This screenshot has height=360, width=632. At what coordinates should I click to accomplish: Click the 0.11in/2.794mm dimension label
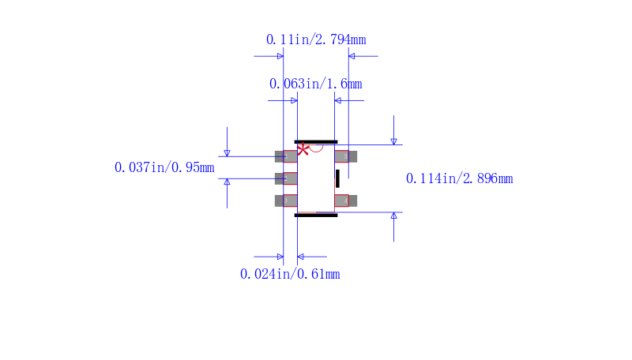click(316, 39)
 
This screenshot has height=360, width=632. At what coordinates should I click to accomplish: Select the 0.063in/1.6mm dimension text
click(315, 84)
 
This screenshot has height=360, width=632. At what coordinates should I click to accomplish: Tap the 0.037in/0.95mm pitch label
click(164, 167)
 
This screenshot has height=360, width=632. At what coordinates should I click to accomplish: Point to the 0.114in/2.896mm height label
click(460, 178)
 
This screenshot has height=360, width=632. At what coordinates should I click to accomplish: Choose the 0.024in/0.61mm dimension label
click(290, 274)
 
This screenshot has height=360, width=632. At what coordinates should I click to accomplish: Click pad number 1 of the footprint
click(286, 156)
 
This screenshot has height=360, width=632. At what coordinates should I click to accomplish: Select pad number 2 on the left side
click(286, 178)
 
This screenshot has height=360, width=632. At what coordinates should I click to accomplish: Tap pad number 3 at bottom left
click(286, 201)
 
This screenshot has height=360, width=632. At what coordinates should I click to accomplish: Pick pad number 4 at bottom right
click(345, 201)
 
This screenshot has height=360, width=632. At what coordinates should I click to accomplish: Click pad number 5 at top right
click(345, 156)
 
